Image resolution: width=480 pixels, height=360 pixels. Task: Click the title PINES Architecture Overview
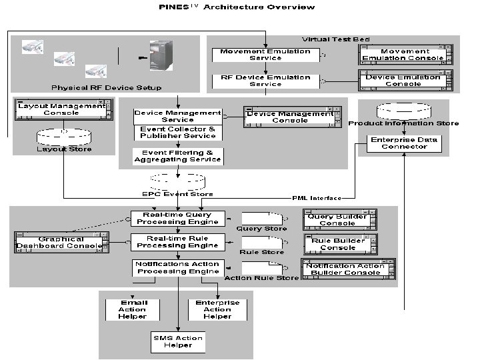(x=237, y=7)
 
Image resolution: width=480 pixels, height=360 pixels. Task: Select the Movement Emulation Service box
(x=265, y=55)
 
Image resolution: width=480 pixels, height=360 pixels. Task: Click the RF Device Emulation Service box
(x=265, y=81)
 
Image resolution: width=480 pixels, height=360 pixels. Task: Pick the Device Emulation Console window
(x=403, y=80)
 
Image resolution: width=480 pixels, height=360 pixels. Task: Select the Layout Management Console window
(x=61, y=109)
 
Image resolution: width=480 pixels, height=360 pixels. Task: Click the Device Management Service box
(x=177, y=116)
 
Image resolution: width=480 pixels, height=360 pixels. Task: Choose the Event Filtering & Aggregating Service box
(x=177, y=156)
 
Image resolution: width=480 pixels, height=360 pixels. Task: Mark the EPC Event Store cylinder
(x=177, y=181)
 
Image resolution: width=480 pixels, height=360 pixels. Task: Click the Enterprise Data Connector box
(x=404, y=143)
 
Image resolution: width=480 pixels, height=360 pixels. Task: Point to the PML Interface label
(x=317, y=198)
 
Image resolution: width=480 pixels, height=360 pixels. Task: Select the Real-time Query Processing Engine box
(x=177, y=218)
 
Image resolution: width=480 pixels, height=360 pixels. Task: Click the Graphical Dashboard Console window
(x=61, y=242)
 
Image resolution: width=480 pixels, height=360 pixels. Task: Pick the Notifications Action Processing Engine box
(x=177, y=267)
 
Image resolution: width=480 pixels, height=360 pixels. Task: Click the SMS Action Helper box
(x=177, y=341)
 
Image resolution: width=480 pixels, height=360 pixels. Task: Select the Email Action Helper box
(x=133, y=309)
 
